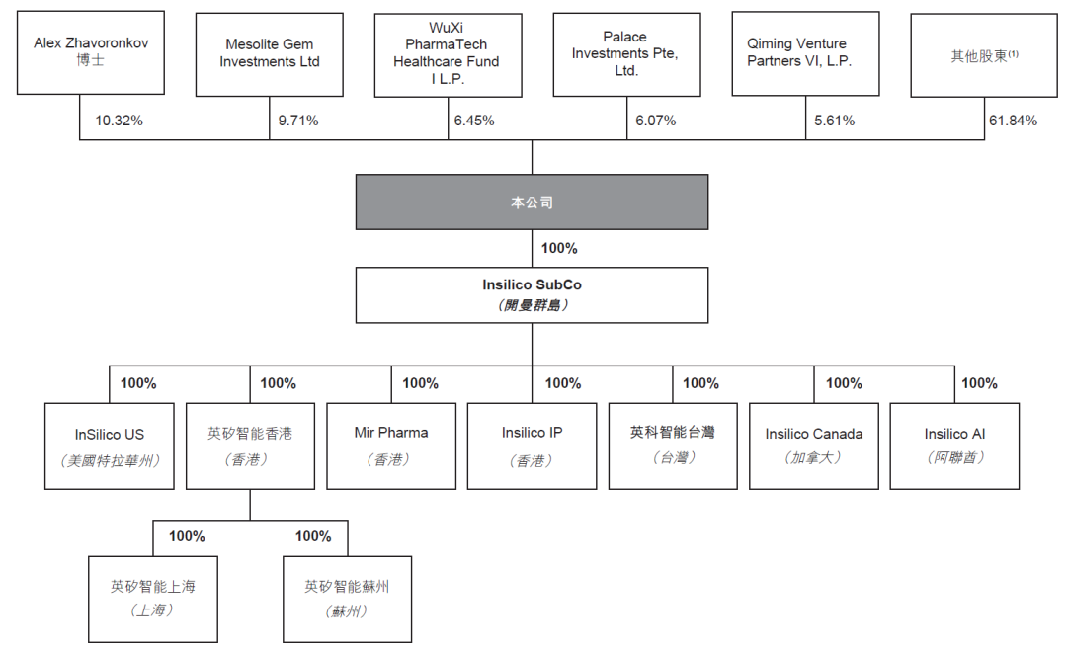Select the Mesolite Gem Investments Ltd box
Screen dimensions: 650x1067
tap(270, 54)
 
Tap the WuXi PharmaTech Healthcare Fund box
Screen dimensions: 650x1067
tap(448, 54)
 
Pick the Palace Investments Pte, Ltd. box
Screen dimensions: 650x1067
tap(626, 54)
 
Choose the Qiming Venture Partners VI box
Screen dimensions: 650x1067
tap(805, 54)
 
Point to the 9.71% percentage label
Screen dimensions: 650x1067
tap(298, 121)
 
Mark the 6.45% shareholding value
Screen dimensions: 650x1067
tap(474, 121)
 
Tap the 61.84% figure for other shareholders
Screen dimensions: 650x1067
tap(1013, 121)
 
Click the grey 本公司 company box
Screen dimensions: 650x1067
tap(532, 203)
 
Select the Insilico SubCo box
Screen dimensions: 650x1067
tap(532, 294)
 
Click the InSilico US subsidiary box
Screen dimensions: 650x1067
tap(110, 446)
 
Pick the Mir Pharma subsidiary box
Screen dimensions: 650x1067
tap(391, 446)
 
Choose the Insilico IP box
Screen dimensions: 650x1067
tap(532, 446)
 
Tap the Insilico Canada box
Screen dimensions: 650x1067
tap(813, 446)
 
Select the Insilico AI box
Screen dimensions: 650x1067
tap(954, 446)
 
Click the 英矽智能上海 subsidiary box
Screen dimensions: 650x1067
tap(152, 599)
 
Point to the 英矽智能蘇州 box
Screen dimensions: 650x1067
tap(347, 599)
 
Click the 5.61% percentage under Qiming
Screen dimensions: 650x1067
tap(834, 121)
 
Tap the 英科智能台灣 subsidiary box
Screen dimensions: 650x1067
tap(673, 446)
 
